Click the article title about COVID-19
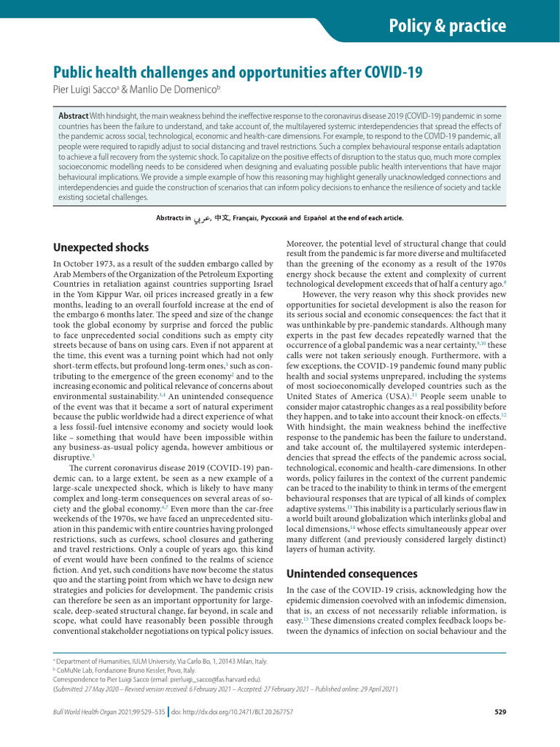coord(238,73)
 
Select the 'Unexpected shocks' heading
coord(101,247)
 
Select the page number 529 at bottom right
coord(499,712)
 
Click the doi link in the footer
coord(242,712)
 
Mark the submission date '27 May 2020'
coord(101,687)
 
